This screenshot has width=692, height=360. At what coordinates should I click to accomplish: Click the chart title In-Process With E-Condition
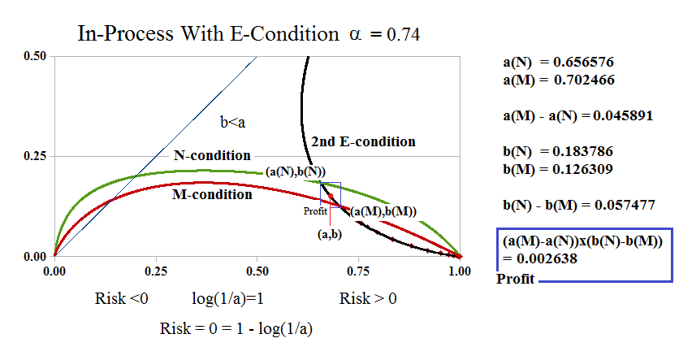tap(206, 33)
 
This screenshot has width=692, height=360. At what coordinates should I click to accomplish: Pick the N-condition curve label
tap(212, 155)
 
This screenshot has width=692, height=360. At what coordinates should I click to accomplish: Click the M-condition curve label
tap(212, 194)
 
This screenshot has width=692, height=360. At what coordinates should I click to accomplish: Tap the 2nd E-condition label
tap(361, 141)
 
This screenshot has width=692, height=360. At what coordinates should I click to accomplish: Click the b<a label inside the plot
tap(232, 123)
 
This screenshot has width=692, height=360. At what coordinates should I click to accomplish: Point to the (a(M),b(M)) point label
tap(383, 211)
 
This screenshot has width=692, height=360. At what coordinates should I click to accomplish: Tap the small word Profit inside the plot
tap(315, 211)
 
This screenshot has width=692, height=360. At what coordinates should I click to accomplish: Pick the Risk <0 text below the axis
tap(122, 298)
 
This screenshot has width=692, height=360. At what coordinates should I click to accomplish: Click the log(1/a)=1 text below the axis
tap(227, 298)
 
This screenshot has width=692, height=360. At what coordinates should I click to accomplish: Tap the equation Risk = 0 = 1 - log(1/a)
tap(237, 328)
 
